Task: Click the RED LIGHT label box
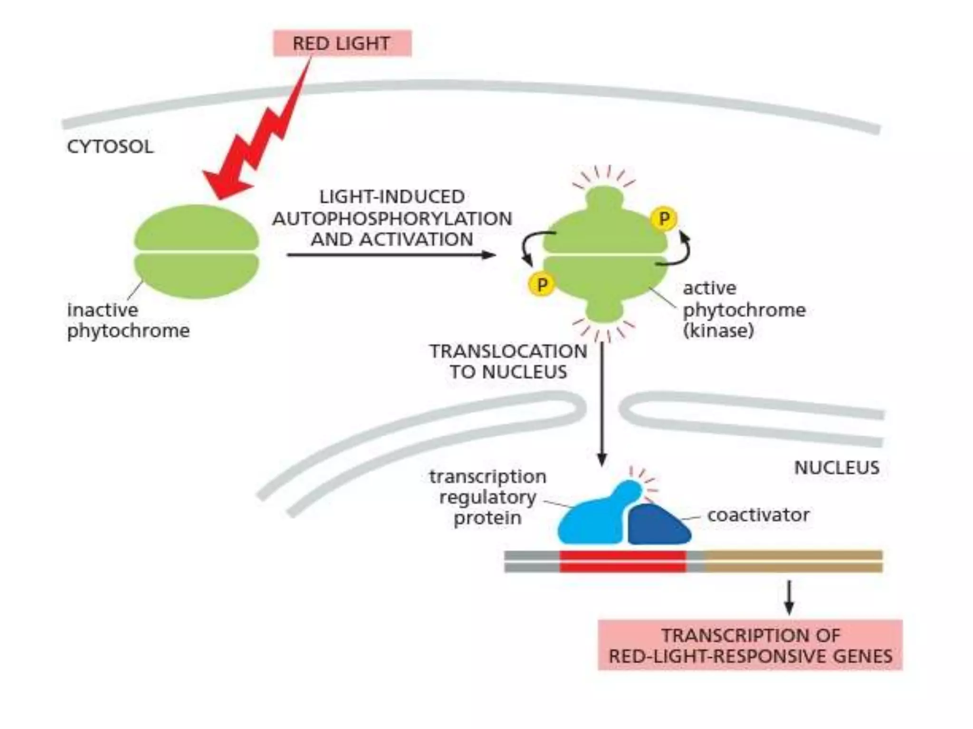tap(342, 43)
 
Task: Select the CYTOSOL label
tap(110, 147)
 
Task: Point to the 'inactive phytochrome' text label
tap(128, 320)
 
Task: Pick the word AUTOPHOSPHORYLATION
tap(392, 219)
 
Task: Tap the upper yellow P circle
tap(664, 219)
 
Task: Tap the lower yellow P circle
tap(542, 285)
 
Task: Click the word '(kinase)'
tap(718, 331)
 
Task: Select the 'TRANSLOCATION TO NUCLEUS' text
tap(508, 362)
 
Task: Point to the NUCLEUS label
tap(837, 468)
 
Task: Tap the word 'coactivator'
tap(758, 515)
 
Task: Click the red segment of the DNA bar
tap(622, 561)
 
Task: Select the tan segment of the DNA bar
tap(793, 561)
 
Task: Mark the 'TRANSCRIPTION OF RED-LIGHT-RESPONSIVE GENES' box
tap(750, 645)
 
